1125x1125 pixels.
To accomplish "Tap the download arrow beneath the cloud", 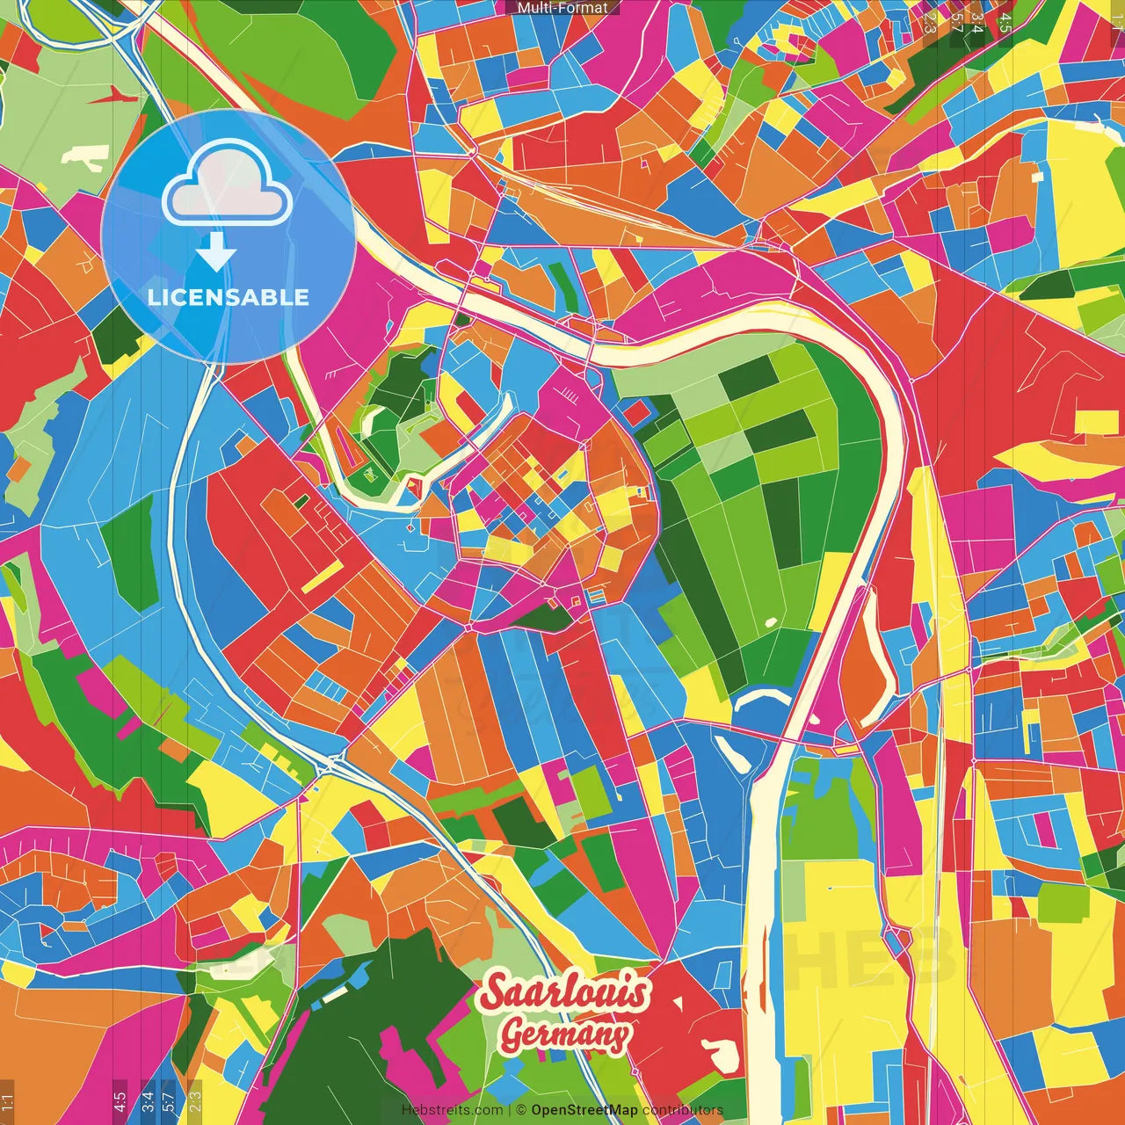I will tap(216, 251).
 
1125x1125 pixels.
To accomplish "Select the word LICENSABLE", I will tap(229, 297).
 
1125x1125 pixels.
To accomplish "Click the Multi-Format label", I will tap(562, 8).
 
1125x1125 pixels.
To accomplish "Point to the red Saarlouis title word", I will tap(565, 992).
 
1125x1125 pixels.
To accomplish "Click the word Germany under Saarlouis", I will tap(564, 1034).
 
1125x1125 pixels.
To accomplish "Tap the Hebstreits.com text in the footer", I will tap(452, 1110).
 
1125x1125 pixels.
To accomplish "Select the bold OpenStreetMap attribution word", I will tap(584, 1110).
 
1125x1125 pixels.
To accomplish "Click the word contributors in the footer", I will tap(683, 1110).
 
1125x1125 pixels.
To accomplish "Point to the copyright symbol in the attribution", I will tap(520, 1110).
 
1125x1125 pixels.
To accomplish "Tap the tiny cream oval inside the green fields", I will tap(771, 622).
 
